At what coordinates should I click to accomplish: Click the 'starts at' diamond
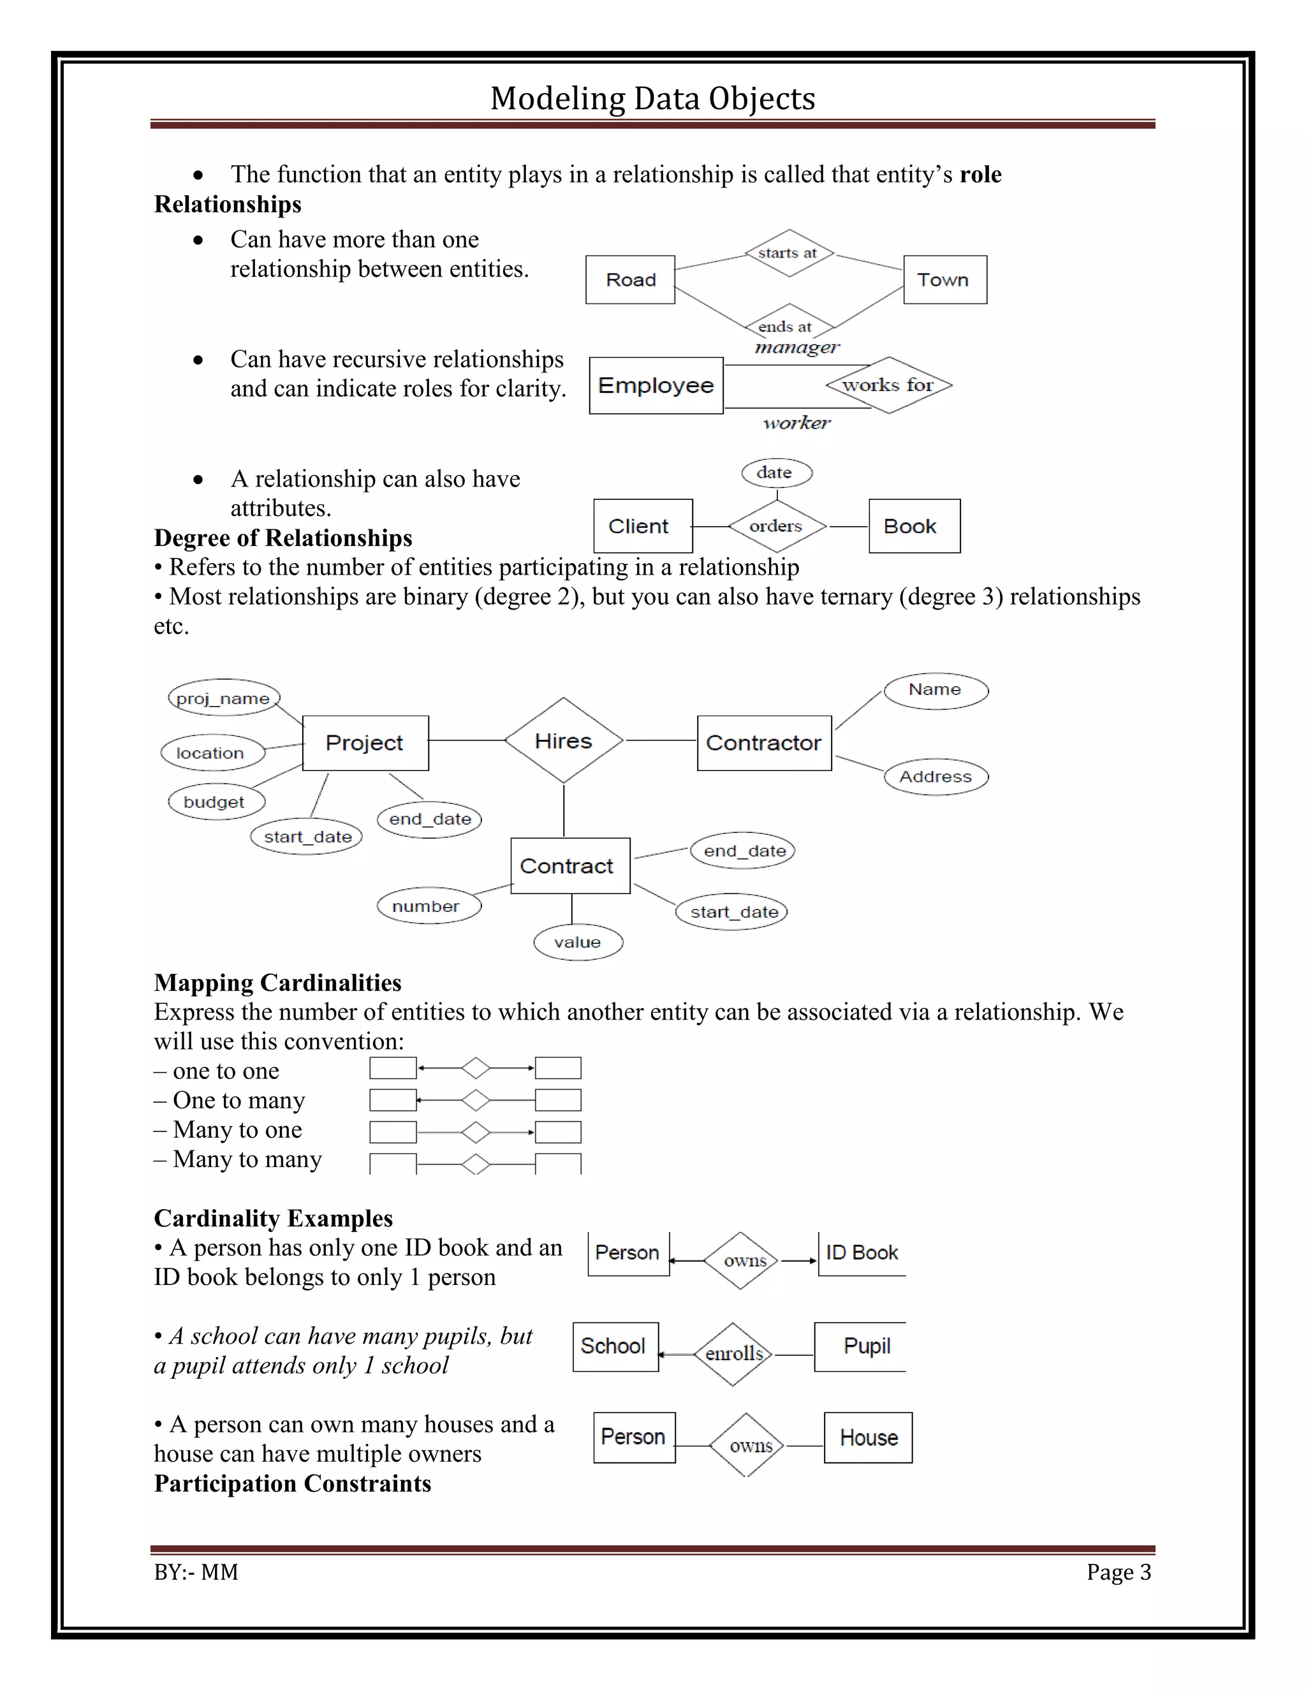coord(788,253)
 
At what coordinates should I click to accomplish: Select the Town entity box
coord(944,279)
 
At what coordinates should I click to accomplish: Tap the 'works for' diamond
coord(888,385)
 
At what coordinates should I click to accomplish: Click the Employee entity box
coord(656,385)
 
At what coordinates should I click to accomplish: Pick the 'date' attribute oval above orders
coord(776,473)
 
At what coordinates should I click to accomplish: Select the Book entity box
coord(914,526)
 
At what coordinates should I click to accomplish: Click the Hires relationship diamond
coord(563,740)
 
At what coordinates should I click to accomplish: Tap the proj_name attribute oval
coord(223,698)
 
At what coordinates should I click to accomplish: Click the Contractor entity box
coord(763,743)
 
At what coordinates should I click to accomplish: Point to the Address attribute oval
coord(935,776)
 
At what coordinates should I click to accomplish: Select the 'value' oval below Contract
coord(578,942)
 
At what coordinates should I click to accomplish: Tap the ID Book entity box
coord(861,1253)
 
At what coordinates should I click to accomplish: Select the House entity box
coord(868,1437)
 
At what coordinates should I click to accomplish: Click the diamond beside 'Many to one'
coord(475,1132)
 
